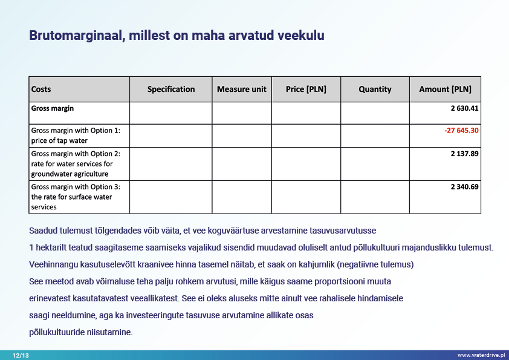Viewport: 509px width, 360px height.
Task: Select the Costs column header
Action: [41, 90]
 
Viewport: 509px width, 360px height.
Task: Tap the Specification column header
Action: [171, 90]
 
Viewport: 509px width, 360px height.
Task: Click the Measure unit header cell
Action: [241, 90]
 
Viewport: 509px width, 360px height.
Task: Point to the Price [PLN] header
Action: [306, 90]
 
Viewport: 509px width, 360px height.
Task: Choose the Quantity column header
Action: [375, 90]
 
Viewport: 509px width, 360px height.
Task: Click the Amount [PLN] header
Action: [445, 90]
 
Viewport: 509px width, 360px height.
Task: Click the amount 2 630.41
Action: [464, 109]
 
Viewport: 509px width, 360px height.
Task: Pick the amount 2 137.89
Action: [464, 154]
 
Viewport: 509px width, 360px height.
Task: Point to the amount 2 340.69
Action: [464, 187]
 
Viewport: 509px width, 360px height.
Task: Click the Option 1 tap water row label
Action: [76, 136]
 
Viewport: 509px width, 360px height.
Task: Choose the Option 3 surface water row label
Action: [76, 197]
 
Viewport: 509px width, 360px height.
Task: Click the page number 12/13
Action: [21, 355]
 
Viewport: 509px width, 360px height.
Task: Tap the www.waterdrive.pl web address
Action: [481, 355]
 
